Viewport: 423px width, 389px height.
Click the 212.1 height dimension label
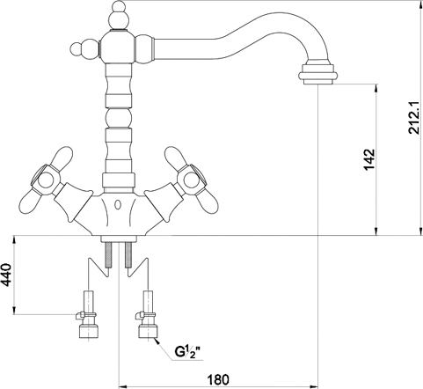pyautogui.click(x=415, y=118)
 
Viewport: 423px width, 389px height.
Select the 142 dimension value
pyautogui.click(x=369, y=159)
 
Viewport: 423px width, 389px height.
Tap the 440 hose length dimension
pyautogui.click(x=6, y=275)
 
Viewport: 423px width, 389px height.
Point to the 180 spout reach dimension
pyautogui.click(x=218, y=379)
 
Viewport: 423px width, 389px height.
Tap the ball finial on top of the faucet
pyautogui.click(x=119, y=16)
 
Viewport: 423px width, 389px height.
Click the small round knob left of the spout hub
pyautogui.click(x=78, y=48)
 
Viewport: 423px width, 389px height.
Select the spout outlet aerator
pyautogui.click(x=317, y=72)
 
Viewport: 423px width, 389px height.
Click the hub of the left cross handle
pyautogui.click(x=47, y=180)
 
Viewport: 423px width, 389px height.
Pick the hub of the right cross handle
pyautogui.click(x=191, y=180)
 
